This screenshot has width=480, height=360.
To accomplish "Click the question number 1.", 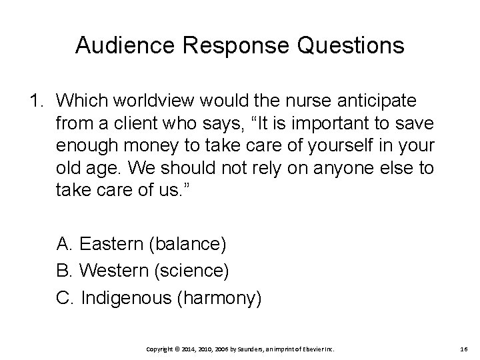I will pos(35,101).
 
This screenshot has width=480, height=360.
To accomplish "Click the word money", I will pos(151,146).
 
